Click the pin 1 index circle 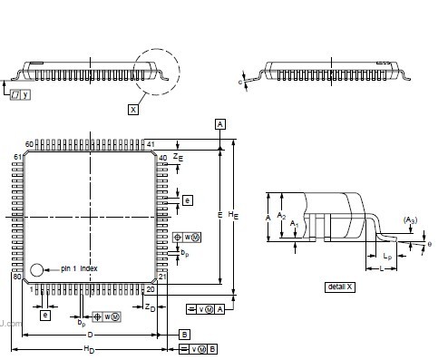pos(37,270)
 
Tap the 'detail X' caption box pos(339,287)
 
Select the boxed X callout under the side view pos(134,109)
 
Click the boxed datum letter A pos(219,122)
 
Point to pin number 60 pos(29,144)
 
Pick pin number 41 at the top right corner pos(151,144)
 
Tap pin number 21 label pos(164,277)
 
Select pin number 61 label pos(16,158)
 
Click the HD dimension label pos(89,349)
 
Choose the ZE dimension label pos(179,157)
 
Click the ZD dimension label pos(151,308)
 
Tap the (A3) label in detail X pos(410,219)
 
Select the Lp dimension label pos(387,258)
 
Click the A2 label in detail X pos(281,216)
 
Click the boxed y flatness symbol pos(26,95)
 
